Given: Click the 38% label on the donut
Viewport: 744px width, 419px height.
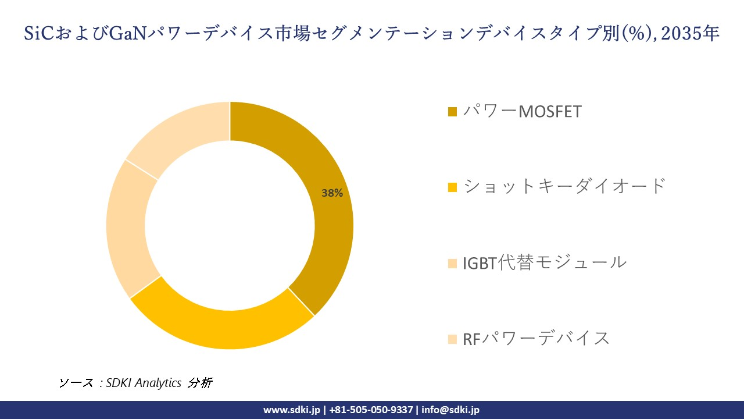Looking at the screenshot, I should click(332, 193).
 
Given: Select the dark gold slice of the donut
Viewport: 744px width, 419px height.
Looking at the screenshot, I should click(325, 233).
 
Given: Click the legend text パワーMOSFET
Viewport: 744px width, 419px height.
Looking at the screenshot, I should click(522, 111).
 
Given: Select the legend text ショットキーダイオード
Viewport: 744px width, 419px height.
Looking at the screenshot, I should click(564, 187).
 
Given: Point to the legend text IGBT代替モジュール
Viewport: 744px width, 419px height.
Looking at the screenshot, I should click(545, 262).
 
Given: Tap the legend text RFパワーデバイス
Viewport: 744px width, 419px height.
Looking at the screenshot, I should click(536, 338).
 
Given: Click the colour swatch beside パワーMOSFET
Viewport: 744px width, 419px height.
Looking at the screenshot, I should click(453, 112).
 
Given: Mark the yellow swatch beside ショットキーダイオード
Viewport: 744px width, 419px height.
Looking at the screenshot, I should click(453, 187).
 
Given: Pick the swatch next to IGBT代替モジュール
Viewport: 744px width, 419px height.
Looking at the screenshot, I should click(453, 263).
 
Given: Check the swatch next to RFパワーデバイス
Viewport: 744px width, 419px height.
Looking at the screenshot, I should click(453, 339).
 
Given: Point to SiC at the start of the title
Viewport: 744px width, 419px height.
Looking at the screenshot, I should click(38, 34).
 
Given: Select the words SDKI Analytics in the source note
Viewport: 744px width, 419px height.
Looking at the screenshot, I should click(144, 383).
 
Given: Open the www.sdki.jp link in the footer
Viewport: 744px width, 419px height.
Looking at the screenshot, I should click(292, 410).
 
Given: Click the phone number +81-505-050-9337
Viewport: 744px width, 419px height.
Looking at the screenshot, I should click(371, 410).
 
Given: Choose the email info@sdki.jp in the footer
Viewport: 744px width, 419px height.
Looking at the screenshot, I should click(450, 410).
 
